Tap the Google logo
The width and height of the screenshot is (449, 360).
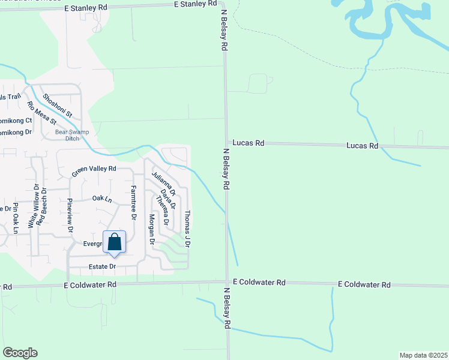tap(20, 353)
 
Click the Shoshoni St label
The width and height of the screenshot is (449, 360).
tap(58, 105)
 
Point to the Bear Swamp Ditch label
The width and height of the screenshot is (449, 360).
tap(67, 135)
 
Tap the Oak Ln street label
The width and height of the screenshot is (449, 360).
tap(102, 198)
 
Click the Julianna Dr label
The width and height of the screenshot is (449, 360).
tap(163, 184)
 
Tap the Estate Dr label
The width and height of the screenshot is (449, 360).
tap(102, 266)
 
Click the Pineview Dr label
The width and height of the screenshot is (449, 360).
tap(70, 215)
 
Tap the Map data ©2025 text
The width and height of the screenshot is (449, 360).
tap(423, 355)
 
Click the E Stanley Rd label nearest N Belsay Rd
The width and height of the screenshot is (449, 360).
tap(195, 4)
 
